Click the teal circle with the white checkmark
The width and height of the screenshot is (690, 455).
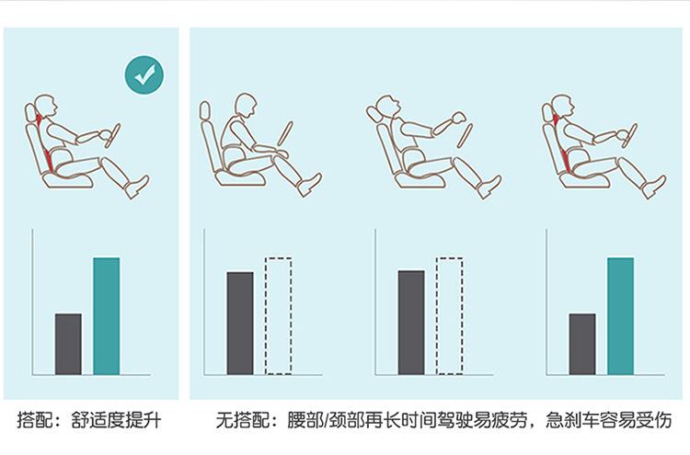(x=144, y=74)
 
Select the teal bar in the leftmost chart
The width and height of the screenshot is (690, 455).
(x=107, y=316)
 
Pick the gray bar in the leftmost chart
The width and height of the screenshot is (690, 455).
(x=68, y=344)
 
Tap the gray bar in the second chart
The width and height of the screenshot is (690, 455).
(x=240, y=324)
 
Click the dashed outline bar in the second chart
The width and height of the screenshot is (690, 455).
(x=278, y=316)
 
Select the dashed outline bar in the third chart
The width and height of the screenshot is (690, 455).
(x=449, y=316)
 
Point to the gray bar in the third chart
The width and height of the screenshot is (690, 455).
(x=411, y=323)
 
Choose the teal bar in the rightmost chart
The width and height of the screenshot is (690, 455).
(x=620, y=316)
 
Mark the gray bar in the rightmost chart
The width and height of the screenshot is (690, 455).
(x=582, y=344)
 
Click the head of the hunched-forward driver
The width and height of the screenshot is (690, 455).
(x=245, y=106)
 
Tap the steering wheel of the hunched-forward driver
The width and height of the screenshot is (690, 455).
(x=284, y=133)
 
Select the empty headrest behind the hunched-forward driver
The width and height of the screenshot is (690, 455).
(x=204, y=110)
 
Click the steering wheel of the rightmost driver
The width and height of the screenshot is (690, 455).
(x=630, y=136)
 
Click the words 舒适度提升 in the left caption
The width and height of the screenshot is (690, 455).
(x=116, y=420)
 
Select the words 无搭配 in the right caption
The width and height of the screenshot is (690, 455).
(x=242, y=420)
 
